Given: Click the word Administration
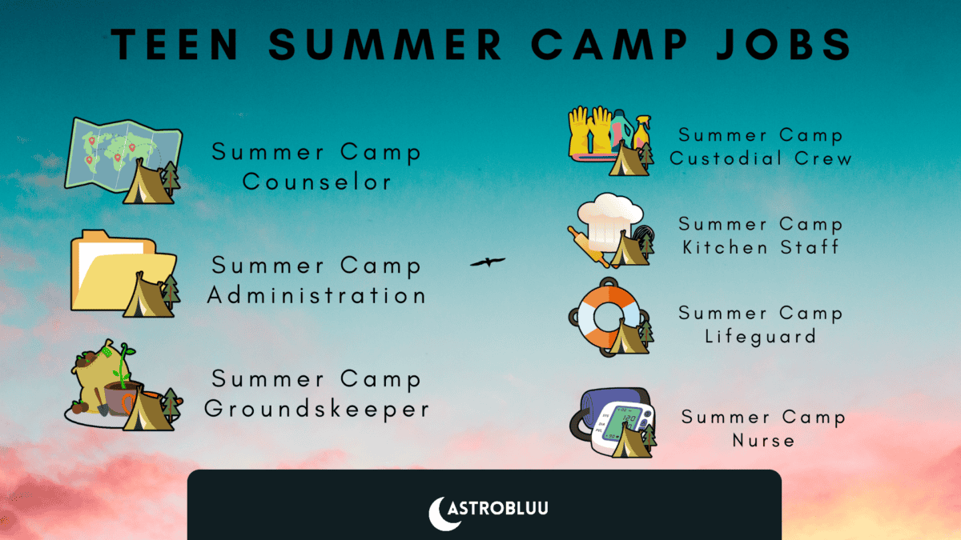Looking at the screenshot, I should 316,295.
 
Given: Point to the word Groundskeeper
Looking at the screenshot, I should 317,409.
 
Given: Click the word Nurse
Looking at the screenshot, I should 764,439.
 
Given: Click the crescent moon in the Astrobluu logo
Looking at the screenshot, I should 438,513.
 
